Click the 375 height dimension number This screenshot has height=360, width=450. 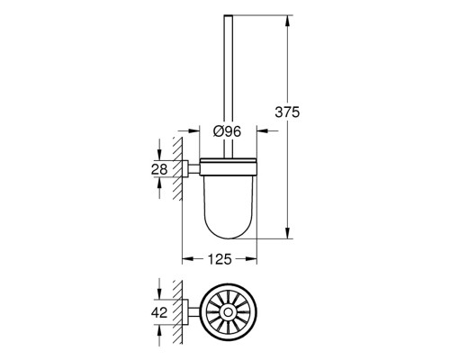pos(287,112)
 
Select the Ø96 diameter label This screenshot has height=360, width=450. pos(227,131)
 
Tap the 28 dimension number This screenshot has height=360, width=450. pos(159,170)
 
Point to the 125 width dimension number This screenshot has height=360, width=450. pos(220,259)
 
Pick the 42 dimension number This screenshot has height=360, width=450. pos(159,313)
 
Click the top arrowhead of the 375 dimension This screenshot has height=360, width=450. pos(287,21)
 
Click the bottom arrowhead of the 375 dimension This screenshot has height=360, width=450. pos(287,233)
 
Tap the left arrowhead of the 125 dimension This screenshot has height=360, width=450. pos(188,259)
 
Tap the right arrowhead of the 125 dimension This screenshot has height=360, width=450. pos(251,259)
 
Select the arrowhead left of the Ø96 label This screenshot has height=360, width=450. pos(193,130)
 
